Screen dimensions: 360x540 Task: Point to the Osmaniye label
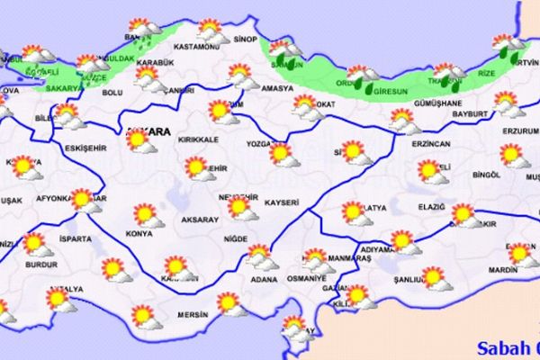click(x=309, y=278)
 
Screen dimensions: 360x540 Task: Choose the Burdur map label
click(x=40, y=267)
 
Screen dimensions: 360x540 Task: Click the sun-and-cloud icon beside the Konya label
click(x=146, y=217)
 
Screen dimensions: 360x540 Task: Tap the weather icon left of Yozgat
click(x=285, y=155)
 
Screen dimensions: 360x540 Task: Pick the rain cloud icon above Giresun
click(x=363, y=77)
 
